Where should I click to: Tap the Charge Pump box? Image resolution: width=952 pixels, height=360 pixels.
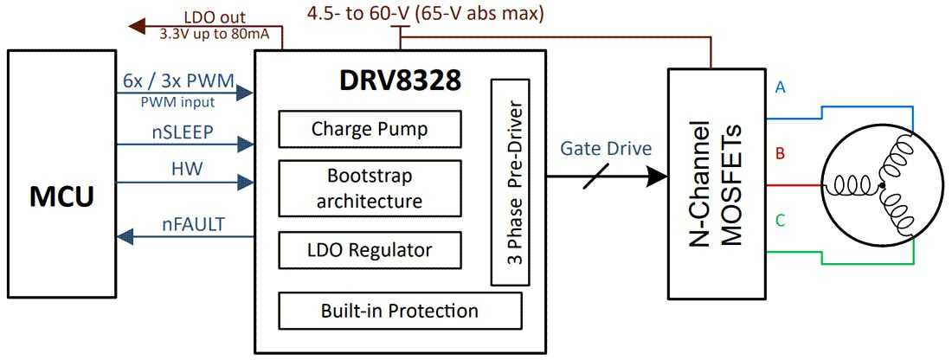point(369,130)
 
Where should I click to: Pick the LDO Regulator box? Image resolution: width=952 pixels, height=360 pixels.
point(369,250)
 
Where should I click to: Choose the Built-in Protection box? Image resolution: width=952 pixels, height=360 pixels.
point(399,311)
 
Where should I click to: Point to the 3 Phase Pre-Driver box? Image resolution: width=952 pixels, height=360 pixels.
point(511,182)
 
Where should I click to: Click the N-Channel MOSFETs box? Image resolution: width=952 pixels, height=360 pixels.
point(717,184)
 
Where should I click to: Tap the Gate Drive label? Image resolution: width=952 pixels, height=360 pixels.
point(606,149)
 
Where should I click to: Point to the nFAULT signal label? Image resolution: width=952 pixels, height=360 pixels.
point(193,225)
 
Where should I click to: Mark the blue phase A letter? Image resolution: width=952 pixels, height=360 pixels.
point(781,87)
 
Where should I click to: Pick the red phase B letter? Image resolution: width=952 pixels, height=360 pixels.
point(781,155)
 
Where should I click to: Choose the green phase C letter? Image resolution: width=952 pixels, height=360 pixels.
point(781,222)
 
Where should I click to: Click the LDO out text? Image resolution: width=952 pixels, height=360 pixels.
point(215,16)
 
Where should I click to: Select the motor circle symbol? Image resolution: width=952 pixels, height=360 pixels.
point(879,185)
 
